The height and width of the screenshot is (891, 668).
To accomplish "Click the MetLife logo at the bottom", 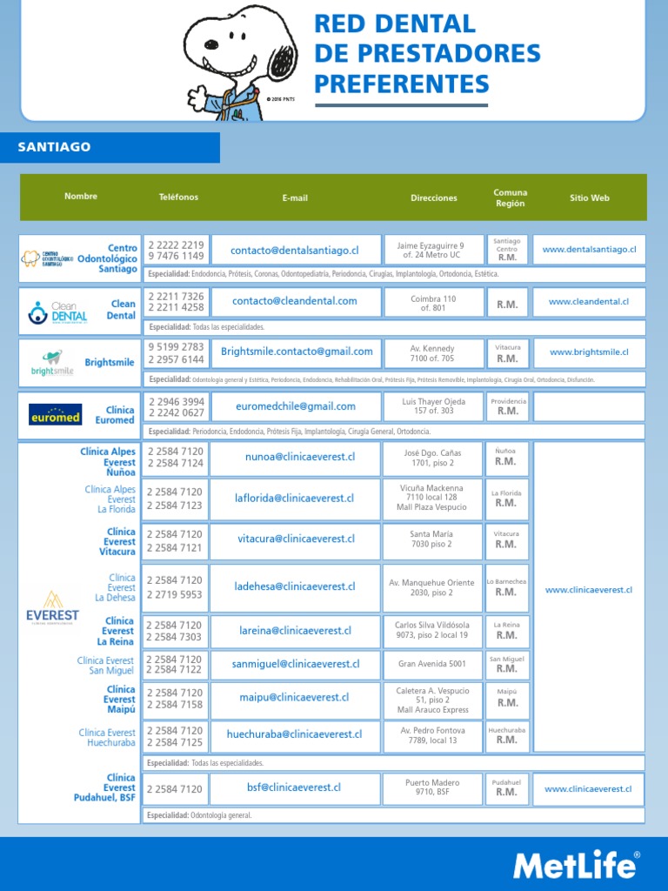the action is pos(576,865).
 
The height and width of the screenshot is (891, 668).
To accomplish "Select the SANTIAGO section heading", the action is pos(54,147).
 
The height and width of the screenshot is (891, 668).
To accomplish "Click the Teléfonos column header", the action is pos(178,198).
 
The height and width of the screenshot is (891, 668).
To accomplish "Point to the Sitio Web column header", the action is pos(589,198).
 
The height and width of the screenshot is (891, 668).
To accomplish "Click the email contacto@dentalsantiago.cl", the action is pos(295,251).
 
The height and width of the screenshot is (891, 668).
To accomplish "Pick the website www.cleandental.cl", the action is pos(589,302).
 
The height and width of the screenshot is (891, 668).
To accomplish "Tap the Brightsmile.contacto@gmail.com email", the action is pos(297,352).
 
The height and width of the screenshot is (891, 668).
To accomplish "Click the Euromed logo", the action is pos(55,414).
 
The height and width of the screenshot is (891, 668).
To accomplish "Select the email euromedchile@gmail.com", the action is pos(295,406).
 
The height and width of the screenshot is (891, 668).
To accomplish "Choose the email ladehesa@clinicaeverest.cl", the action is pos(294,587).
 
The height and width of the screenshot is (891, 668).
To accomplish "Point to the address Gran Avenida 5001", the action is pos(432,664).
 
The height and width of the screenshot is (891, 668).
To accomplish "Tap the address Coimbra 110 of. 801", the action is pos(432,303).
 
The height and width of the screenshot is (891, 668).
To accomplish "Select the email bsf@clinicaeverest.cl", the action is pos(294,788).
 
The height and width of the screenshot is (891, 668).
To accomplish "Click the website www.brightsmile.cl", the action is pos(589,352).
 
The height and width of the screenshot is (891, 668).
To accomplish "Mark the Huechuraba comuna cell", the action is pos(506,735).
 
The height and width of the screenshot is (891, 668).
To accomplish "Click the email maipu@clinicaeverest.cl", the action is pos(294,698).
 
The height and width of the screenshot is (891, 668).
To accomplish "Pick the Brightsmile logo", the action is pos(52,363).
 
